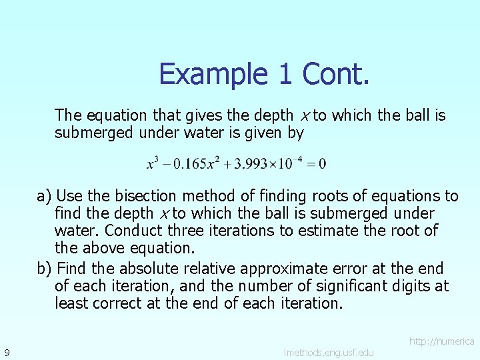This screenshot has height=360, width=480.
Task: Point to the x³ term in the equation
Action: pyautogui.click(x=153, y=163)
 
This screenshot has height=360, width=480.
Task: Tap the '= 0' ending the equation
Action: pyautogui.click(x=316, y=163)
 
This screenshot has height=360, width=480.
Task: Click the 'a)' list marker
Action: pyautogui.click(x=45, y=196)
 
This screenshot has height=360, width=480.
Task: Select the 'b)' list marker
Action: pyautogui.click(x=45, y=269)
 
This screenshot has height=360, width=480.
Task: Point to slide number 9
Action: pyautogui.click(x=6, y=351)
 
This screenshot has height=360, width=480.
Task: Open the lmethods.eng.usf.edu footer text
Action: pyautogui.click(x=328, y=352)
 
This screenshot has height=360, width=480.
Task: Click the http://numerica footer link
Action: pyautogui.click(x=441, y=341)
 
